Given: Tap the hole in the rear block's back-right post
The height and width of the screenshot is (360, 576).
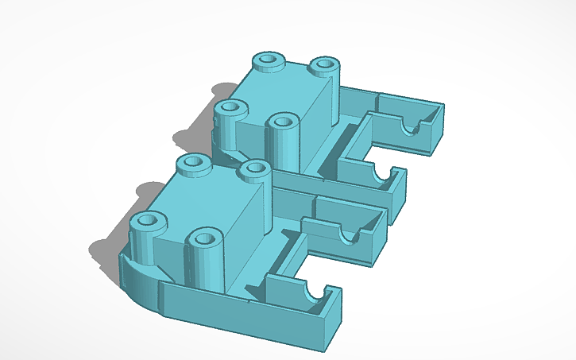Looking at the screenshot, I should click(x=323, y=64).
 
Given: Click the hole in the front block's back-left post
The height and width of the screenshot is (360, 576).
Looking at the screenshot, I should click(x=191, y=163).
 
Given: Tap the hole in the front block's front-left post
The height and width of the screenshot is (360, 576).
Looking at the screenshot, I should click(x=145, y=222).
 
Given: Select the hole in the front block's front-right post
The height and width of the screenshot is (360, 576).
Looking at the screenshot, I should click(x=205, y=237).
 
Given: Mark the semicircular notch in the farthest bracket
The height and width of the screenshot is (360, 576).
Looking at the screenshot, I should click(x=414, y=125).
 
